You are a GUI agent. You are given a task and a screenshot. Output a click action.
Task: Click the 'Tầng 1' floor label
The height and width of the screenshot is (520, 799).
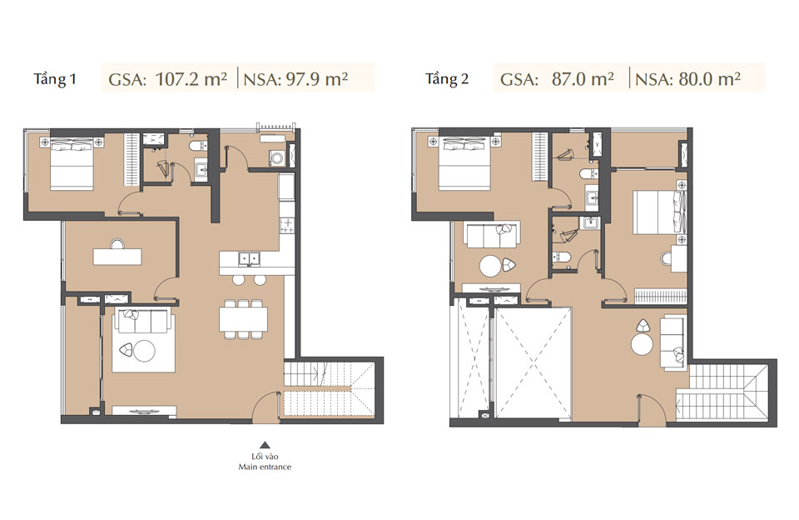55,80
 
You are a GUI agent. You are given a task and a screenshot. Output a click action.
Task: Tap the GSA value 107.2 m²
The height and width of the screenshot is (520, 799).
168,80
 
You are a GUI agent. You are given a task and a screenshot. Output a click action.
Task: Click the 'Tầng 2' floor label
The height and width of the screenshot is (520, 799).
447,80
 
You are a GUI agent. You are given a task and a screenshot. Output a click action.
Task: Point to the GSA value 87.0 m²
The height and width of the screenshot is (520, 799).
558,80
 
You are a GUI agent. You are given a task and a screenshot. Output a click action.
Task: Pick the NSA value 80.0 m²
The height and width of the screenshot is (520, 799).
687,80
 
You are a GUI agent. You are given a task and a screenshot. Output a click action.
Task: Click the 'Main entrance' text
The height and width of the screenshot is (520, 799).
265,467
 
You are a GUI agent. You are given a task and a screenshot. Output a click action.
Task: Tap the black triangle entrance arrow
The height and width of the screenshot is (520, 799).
265,445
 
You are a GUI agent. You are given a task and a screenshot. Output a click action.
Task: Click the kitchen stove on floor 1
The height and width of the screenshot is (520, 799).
287,224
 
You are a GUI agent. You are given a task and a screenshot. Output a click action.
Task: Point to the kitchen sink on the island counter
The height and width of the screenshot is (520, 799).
247,258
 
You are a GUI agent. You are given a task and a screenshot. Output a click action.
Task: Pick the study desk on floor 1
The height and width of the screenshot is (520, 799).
118,257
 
